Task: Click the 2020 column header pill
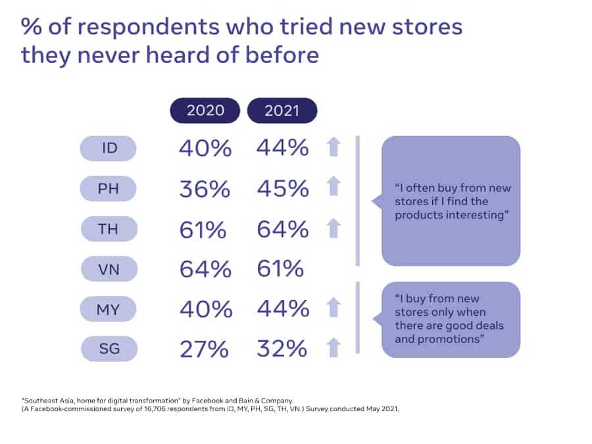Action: click(x=205, y=111)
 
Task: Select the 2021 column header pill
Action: click(x=282, y=111)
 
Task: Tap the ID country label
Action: click(x=109, y=148)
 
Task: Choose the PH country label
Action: click(x=109, y=189)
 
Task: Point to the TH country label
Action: click(x=109, y=229)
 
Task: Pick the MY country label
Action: click(x=109, y=308)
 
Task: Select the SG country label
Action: click(x=109, y=349)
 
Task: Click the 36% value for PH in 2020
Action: click(x=205, y=189)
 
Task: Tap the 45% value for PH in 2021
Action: click(x=282, y=189)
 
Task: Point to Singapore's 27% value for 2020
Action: click(x=205, y=349)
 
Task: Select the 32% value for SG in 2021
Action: click(x=282, y=349)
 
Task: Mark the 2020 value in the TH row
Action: click(x=205, y=229)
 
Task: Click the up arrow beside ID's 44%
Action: click(x=334, y=148)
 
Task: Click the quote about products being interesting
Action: click(x=453, y=201)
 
